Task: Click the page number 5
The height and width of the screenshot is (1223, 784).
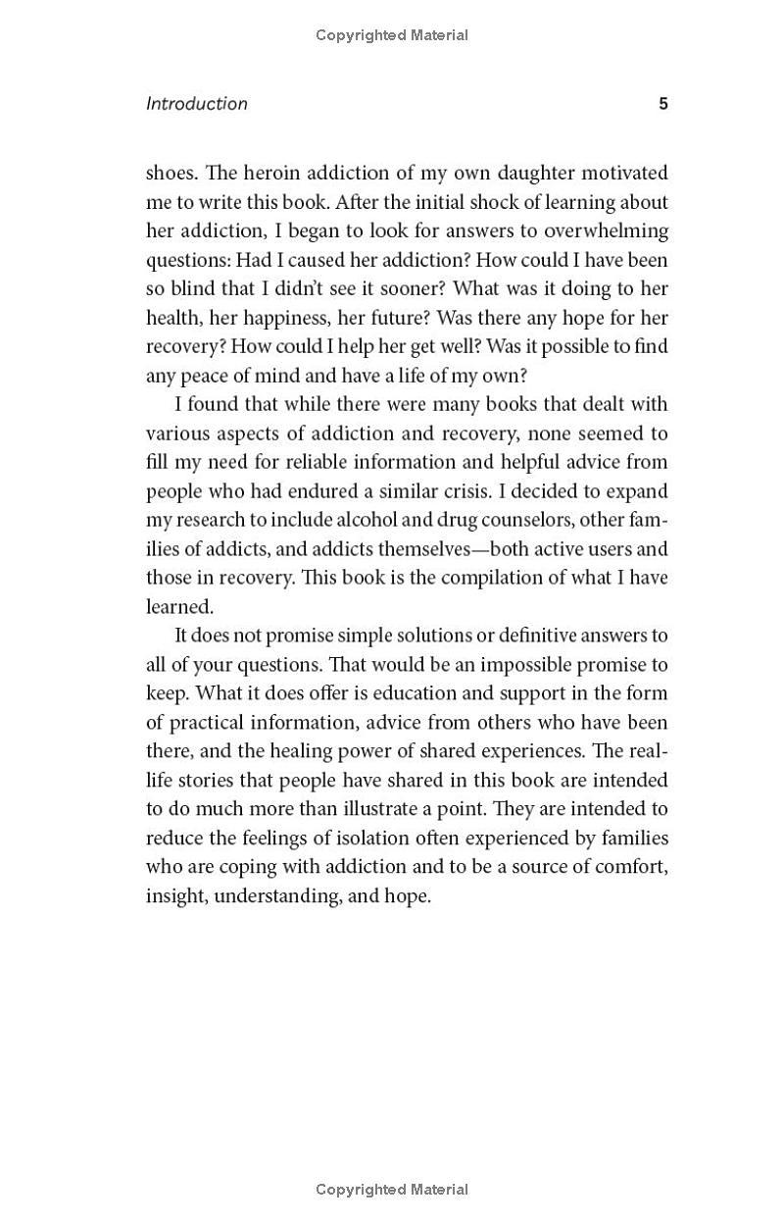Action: (663, 104)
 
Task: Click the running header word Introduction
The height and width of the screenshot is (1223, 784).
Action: (197, 104)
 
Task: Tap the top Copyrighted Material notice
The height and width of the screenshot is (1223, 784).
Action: (392, 35)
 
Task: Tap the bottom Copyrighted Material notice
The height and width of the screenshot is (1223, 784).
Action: (392, 1190)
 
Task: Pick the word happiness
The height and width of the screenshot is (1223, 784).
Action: (265, 318)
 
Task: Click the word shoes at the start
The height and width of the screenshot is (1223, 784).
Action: (171, 174)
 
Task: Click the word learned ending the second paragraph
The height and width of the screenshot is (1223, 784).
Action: (179, 607)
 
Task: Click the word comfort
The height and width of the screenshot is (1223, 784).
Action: (631, 867)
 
